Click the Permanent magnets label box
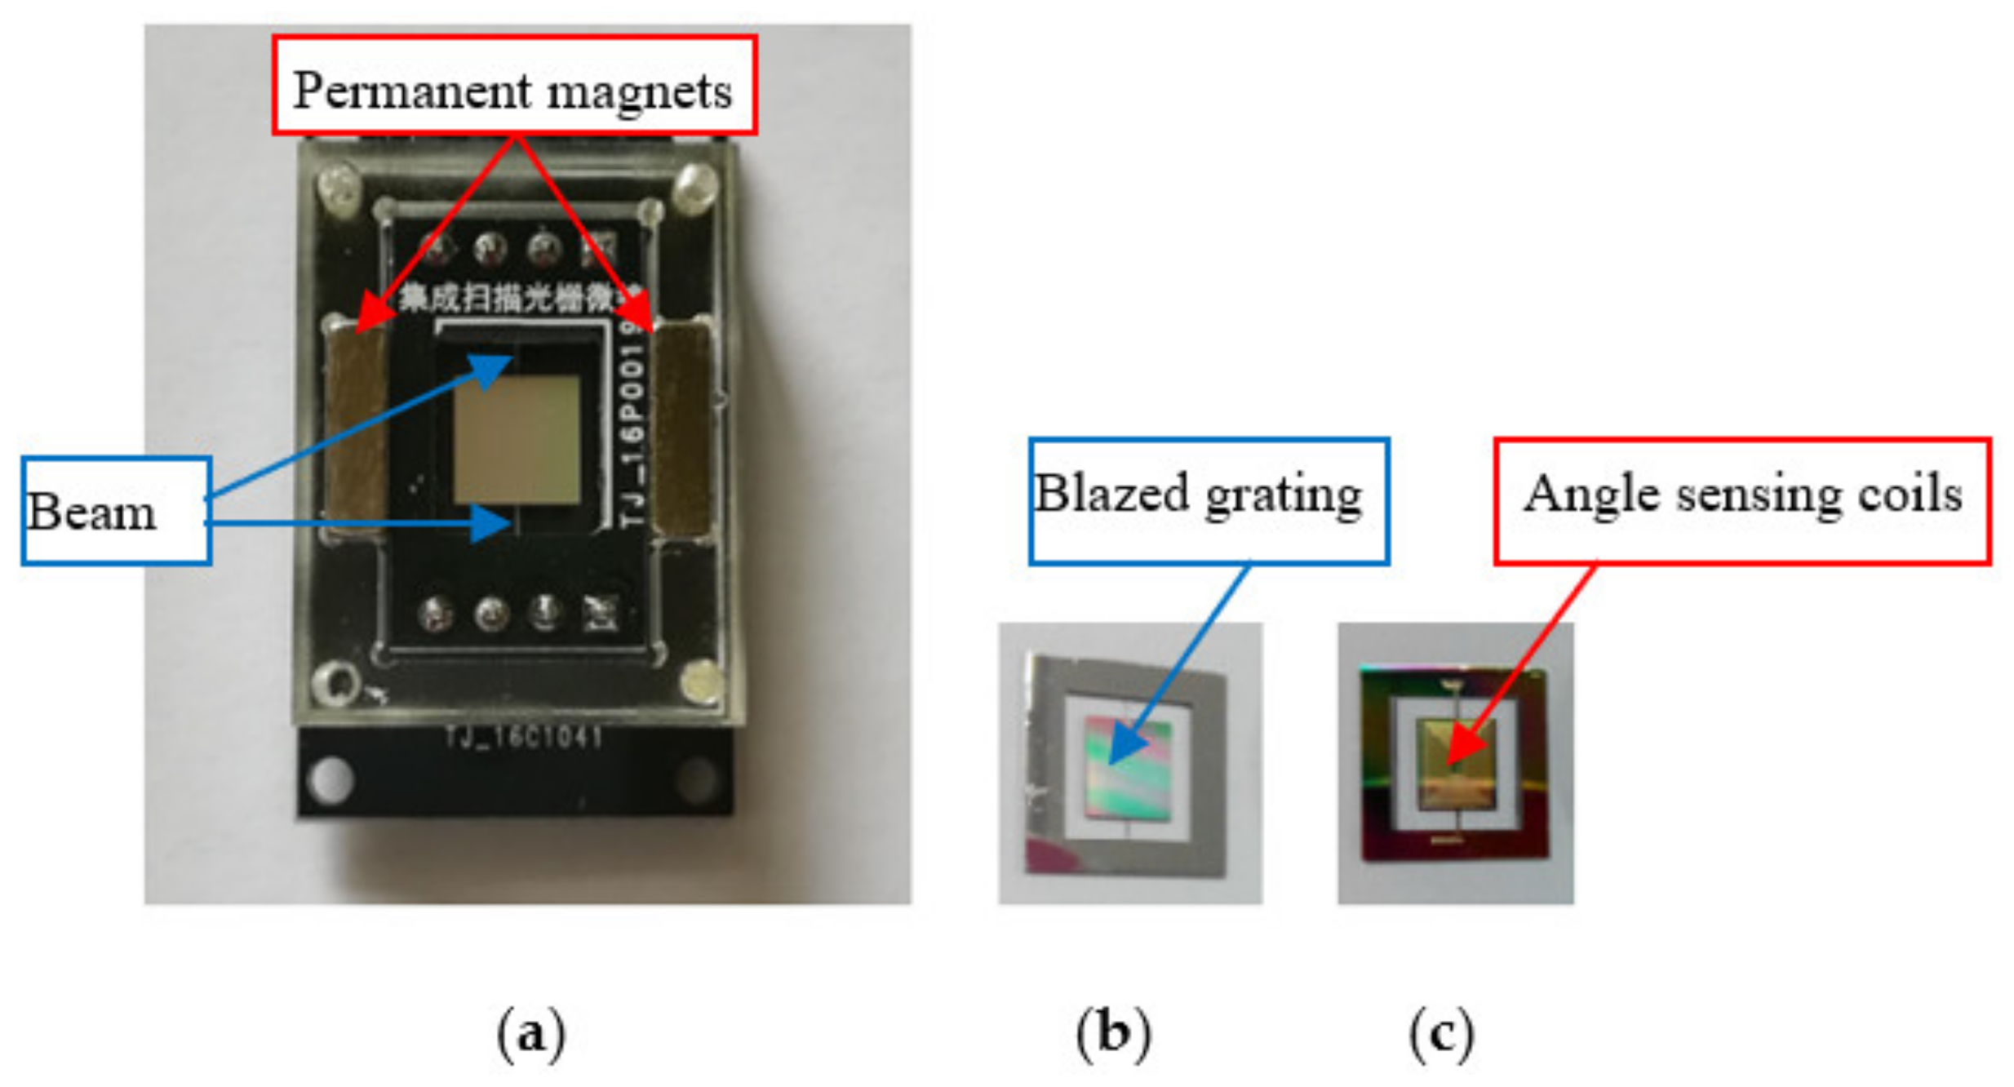pyautogui.click(x=514, y=85)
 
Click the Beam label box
pyautogui.click(x=116, y=511)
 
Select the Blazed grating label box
pyautogui.click(x=1208, y=500)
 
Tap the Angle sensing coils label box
pyautogui.click(x=1741, y=500)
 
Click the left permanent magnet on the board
pyautogui.click(x=357, y=428)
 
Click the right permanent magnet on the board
pyautogui.click(x=682, y=428)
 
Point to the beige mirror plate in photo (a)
pyautogui.click(x=517, y=439)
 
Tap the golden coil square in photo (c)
pyautogui.click(x=1457, y=763)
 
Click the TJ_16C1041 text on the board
pyautogui.click(x=524, y=738)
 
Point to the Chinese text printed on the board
pyautogui.click(x=519, y=299)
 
